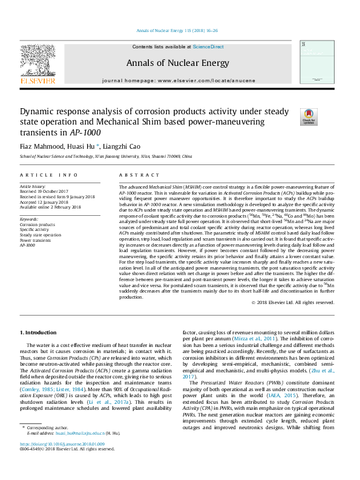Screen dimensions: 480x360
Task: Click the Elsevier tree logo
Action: pos(38,62)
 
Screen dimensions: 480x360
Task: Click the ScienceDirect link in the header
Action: pos(208,47)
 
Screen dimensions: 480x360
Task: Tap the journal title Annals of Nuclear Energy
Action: pos(178,63)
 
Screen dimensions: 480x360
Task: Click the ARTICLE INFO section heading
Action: pos(49,175)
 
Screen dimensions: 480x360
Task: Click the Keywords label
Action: pos(30,219)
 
